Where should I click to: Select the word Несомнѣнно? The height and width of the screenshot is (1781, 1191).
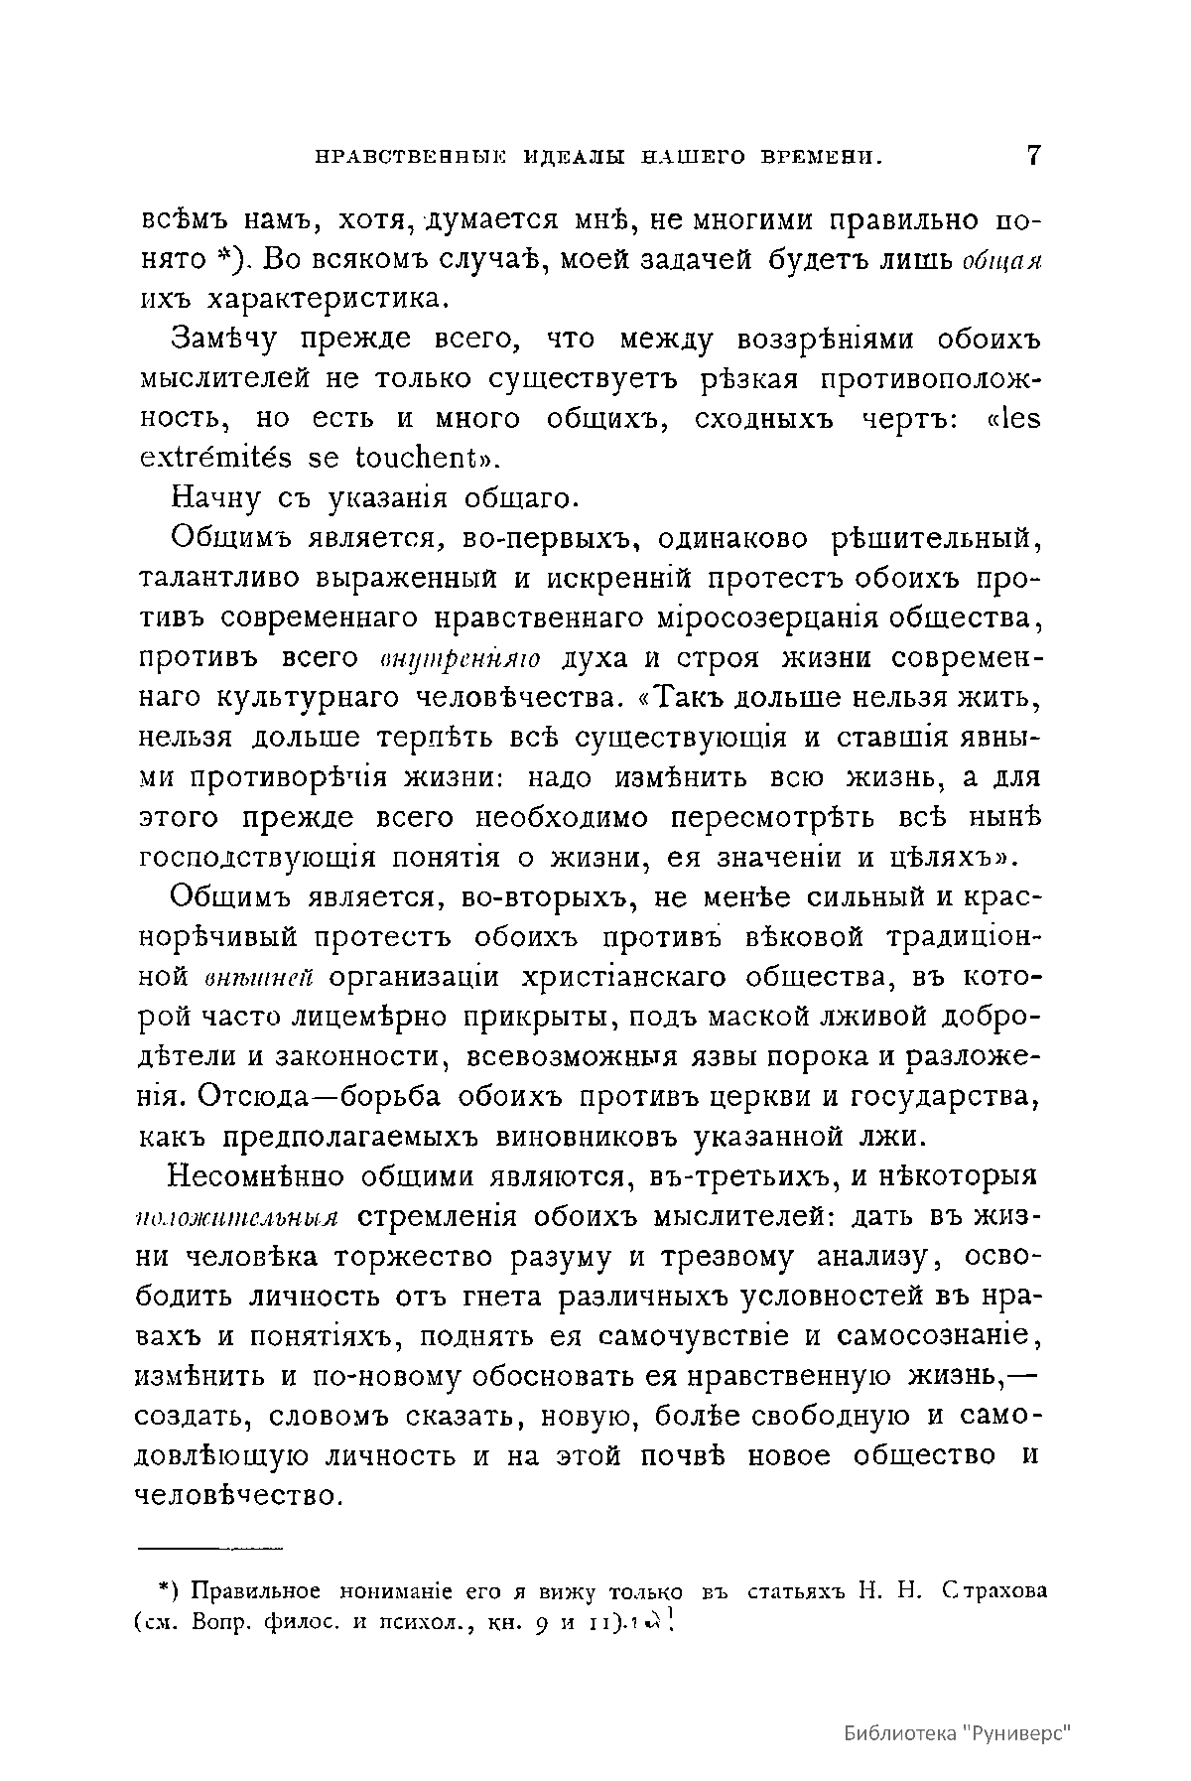pos(257,1177)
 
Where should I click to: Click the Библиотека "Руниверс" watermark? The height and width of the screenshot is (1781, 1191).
pos(961,1732)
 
